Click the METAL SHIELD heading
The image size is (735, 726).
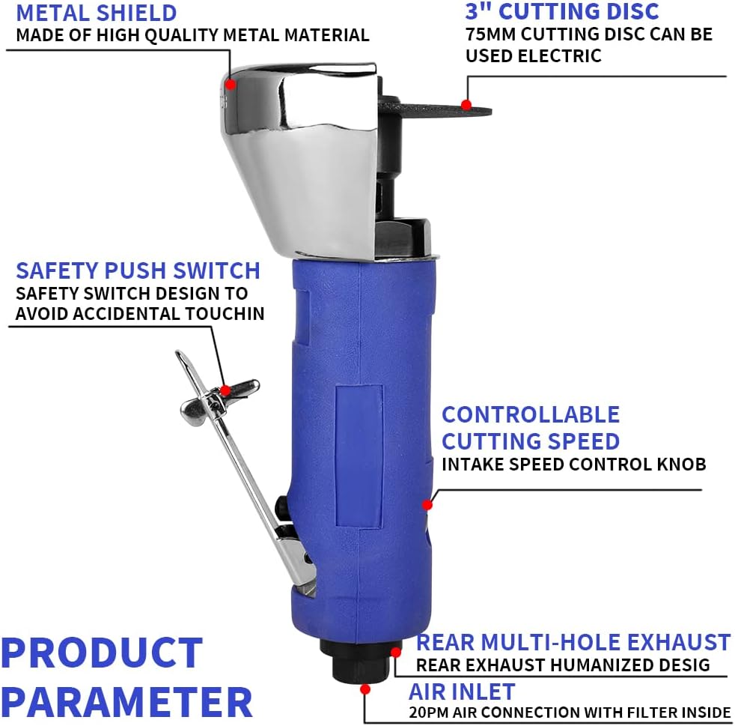point(97,13)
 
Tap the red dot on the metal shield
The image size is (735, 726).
point(231,85)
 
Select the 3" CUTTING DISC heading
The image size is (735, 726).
point(562,11)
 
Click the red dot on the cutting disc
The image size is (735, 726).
point(466,105)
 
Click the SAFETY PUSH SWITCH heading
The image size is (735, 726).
point(138,270)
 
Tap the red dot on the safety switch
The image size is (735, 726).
point(225,390)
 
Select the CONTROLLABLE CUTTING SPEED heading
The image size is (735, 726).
point(531,427)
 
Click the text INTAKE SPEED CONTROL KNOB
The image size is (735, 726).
point(573,465)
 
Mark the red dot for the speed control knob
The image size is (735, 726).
point(427,504)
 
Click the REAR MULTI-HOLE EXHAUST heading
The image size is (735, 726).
point(573,642)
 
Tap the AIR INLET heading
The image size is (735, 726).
point(462,691)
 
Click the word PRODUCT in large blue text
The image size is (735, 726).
point(102,653)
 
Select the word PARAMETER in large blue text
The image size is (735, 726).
point(126,702)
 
